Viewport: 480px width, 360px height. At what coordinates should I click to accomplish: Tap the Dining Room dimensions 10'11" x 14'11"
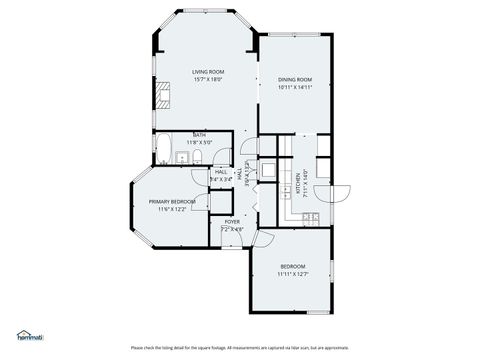[295, 88]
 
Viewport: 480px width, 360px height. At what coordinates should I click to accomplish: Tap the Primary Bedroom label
[172, 201]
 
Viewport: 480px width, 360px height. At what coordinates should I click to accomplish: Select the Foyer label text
[232, 221]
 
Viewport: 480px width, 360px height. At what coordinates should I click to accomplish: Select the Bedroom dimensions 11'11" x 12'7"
[293, 274]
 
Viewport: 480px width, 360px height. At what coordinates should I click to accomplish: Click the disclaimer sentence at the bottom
[240, 348]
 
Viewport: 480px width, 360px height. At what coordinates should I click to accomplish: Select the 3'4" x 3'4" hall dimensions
[221, 179]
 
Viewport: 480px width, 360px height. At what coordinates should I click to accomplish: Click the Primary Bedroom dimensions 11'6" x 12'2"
[172, 209]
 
